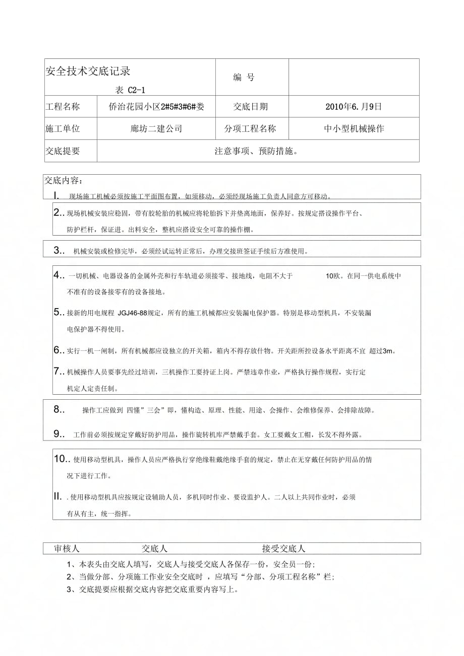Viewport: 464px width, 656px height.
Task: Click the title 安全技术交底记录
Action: pos(88,71)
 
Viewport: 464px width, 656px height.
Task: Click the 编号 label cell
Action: pos(244,78)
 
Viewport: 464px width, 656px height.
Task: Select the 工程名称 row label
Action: pos(63,107)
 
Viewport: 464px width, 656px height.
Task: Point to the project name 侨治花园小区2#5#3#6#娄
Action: pos(156,107)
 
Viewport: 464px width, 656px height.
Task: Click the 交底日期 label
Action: pos(251,107)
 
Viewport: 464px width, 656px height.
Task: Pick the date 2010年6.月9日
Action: pos(354,107)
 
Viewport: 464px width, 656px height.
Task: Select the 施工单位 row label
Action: pos(63,128)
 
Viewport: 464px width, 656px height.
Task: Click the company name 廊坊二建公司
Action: pos(156,128)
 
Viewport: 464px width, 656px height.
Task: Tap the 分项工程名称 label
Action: pos(250,128)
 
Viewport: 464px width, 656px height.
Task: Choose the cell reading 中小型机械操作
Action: pos(354,128)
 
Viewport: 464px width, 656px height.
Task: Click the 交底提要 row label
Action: pos(63,151)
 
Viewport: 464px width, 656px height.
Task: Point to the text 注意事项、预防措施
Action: pos(256,151)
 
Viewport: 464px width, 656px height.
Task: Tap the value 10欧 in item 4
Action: pos(333,276)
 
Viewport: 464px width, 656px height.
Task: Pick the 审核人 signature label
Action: pos(67,549)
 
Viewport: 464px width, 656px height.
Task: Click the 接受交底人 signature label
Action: pos(283,549)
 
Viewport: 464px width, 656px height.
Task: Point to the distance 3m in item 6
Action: pos(387,351)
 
